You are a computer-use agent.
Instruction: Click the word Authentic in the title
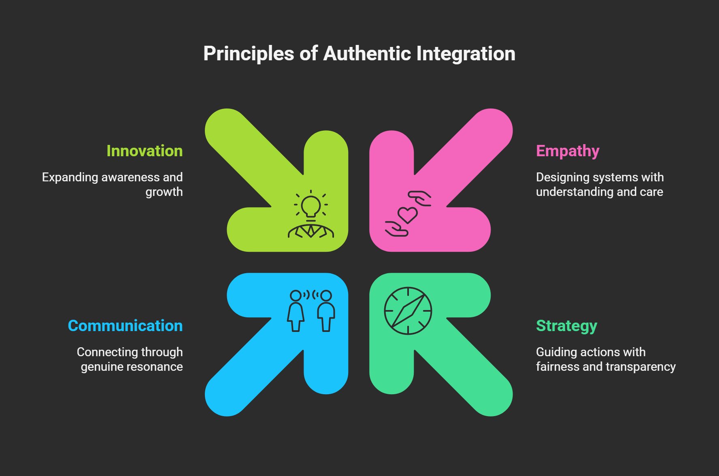point(367,54)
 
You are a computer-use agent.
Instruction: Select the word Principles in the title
point(249,54)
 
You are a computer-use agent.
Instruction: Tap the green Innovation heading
point(145,151)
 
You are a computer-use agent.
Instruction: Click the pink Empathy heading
point(568,151)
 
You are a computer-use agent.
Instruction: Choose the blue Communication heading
point(125,326)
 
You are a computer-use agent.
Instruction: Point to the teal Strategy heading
point(566,326)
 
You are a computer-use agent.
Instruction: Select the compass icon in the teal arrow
point(408,311)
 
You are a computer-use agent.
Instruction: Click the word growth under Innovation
point(164,192)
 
